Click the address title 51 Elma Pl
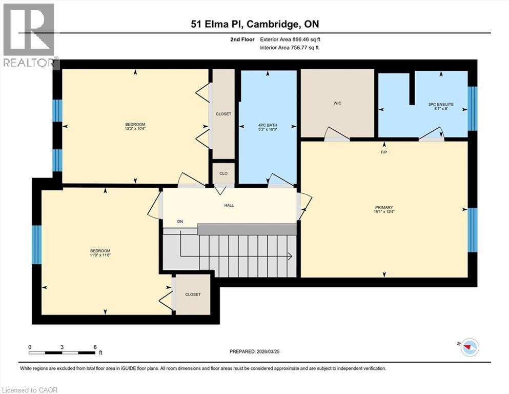[254, 24]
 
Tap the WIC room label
[337, 103]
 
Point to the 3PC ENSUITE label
[441, 105]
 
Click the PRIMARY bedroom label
[384, 207]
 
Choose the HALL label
[229, 205]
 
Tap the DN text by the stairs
[180, 222]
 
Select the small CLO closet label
[223, 173]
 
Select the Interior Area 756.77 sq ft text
[290, 48]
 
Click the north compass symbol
[469, 347]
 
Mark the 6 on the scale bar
[95, 347]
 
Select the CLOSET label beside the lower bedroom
[193, 294]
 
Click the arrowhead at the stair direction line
[290, 256]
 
